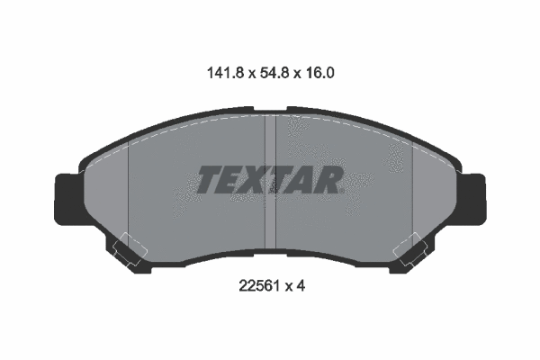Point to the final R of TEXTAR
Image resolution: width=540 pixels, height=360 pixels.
coord(328,181)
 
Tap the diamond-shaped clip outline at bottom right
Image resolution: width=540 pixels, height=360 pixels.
coord(411,247)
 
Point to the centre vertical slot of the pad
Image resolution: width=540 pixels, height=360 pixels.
coord(269,180)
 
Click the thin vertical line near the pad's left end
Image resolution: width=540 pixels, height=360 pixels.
coord(130,193)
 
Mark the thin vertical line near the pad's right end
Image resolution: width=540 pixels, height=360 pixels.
coord(411,193)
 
